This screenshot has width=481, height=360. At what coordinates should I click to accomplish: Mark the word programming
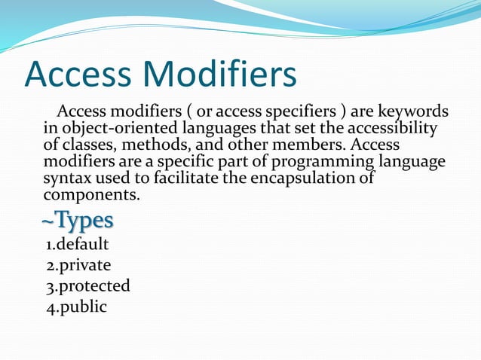322,162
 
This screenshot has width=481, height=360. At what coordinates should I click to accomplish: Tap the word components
90,196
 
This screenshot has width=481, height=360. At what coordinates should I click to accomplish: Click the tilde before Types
46,221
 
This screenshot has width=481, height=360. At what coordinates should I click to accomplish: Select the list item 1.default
78,244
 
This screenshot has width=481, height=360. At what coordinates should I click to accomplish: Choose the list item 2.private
79,265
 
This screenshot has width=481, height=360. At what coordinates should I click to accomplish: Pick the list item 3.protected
88,286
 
